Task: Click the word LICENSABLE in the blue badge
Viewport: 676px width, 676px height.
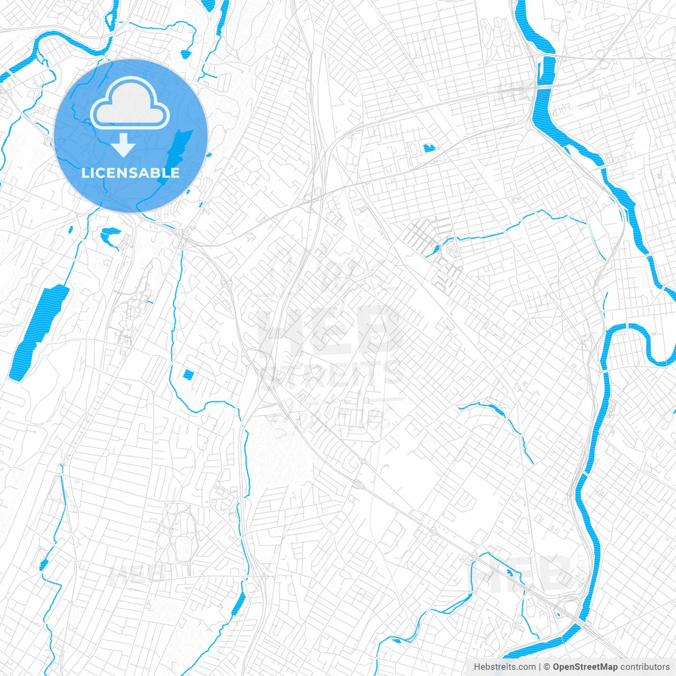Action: pos(130,173)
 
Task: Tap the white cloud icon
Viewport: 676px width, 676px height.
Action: pos(130,104)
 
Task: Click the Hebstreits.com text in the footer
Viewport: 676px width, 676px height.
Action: pos(504,667)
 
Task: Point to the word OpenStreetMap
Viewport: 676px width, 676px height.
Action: pos(585,667)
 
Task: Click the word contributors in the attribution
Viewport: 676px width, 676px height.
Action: pos(645,667)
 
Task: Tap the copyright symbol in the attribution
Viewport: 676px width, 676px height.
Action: pos(547,667)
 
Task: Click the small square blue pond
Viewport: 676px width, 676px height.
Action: pos(188,375)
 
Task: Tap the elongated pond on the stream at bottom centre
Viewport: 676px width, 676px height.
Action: pos(239,602)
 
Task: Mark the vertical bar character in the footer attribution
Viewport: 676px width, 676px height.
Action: pos(540,667)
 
